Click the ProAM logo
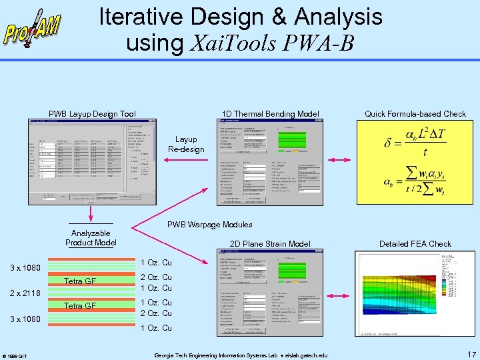point(33,28)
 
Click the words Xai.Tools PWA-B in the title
point(273,43)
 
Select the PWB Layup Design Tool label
point(92,114)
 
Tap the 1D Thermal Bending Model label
point(270,114)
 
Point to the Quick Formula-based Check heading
point(415,114)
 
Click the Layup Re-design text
point(186,144)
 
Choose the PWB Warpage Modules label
point(209,225)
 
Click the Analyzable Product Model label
point(91,238)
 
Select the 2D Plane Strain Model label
point(270,244)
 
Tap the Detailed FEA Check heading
point(415,244)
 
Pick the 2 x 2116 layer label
point(25,293)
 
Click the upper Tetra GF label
point(80,281)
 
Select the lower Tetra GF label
point(80,306)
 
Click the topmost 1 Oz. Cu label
point(157,263)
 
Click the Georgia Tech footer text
point(241,355)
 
